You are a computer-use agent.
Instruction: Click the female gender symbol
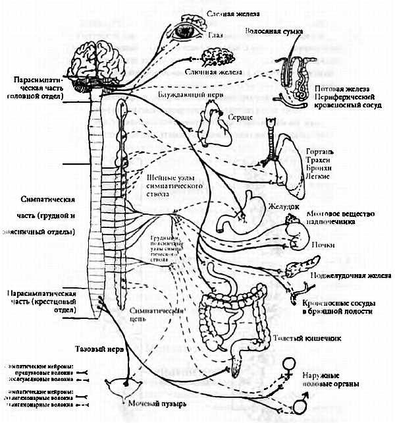pyautogui.click(x=288, y=366)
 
